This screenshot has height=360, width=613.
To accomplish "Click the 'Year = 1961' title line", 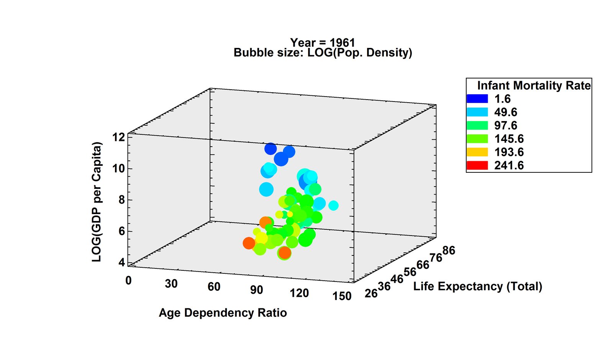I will coord(322,42).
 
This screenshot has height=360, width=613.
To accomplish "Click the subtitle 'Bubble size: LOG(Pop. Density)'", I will coord(323,52).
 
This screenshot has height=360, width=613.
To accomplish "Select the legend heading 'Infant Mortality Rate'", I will coord(534,85).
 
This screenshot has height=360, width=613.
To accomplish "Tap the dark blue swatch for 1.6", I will coord(477,99).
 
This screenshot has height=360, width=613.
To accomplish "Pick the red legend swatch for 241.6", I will coord(477,165).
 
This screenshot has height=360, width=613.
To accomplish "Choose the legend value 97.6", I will coord(505,126).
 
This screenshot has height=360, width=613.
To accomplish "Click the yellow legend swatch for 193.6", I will coord(477,152).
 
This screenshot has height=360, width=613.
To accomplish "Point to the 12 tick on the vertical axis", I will coord(119,137).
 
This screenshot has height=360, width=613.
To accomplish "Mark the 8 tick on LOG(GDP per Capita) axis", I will coord(121,200).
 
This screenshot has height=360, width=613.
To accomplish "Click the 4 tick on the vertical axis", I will coord(121,263).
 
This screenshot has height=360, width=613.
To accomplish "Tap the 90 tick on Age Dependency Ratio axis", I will coord(256,290).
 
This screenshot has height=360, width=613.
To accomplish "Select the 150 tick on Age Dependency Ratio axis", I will coord(342,296).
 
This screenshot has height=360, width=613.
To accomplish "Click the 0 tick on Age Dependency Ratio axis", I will coord(128,281).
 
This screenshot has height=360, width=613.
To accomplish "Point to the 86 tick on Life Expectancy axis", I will coord(449,251).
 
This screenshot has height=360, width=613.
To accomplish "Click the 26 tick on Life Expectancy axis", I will coord(371,294).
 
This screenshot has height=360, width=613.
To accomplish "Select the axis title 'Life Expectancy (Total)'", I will coord(477,286).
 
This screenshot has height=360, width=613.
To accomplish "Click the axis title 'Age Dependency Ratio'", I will coord(223,313).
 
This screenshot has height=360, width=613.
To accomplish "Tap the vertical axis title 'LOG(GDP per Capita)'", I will coord(97,202).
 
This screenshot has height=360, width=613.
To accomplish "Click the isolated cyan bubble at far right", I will coord(333,206).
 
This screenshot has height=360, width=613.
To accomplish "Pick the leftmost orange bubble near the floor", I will coord(249,243).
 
